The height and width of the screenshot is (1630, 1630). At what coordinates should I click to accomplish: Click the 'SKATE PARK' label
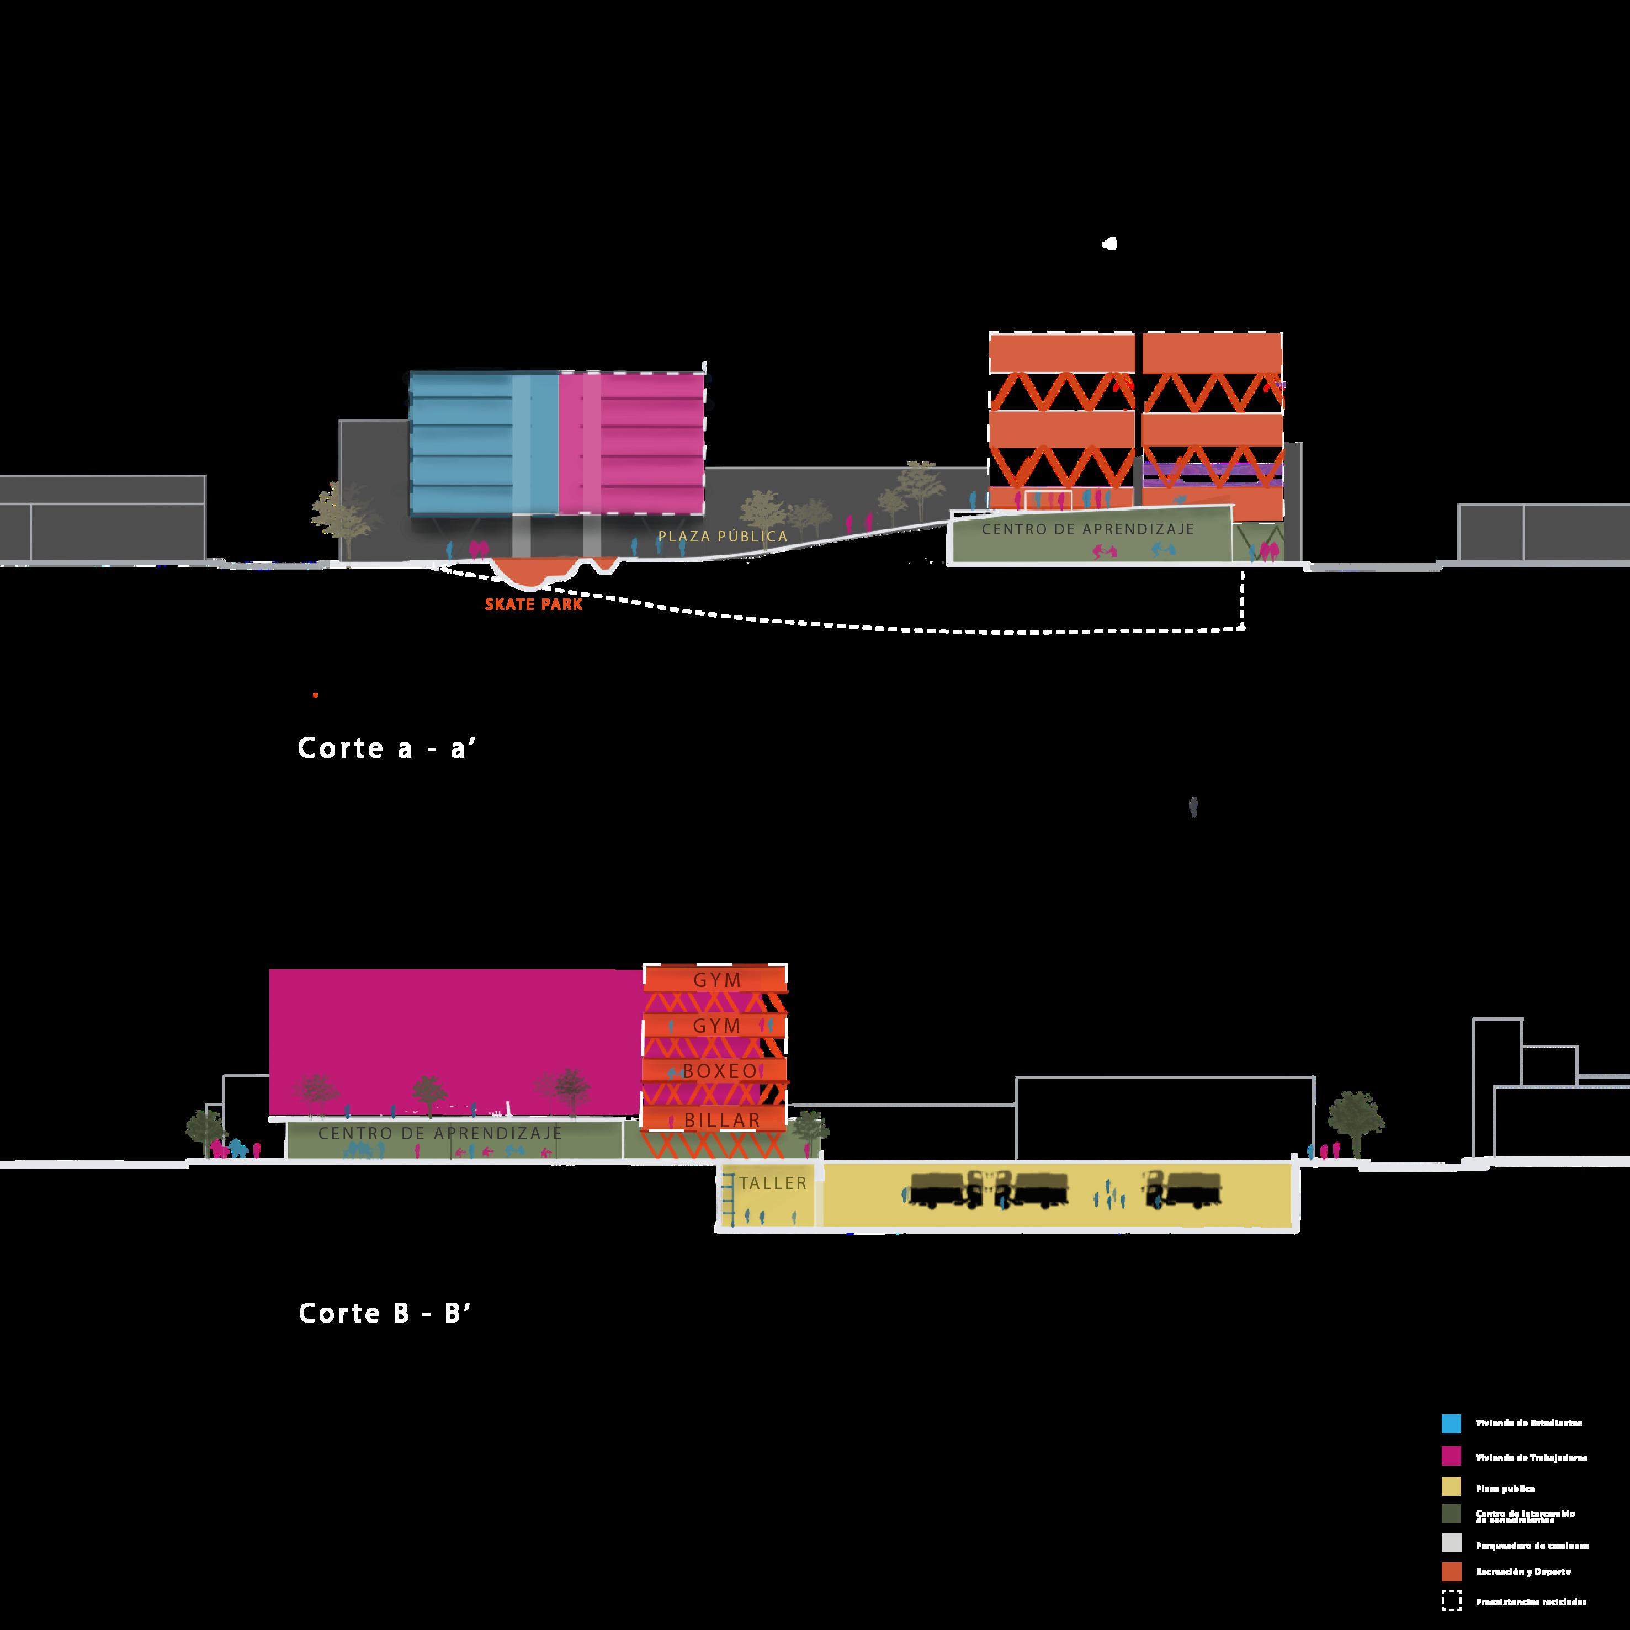(x=533, y=604)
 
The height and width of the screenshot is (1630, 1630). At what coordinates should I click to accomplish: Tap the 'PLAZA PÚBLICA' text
(x=723, y=537)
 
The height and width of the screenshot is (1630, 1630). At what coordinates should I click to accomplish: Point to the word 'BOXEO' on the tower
(x=720, y=1071)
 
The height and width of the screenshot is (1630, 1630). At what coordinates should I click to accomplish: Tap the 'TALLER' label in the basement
(x=773, y=1183)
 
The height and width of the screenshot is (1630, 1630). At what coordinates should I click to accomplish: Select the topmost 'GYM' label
(x=717, y=980)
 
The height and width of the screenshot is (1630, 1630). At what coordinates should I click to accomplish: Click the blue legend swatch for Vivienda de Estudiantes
(x=1451, y=1424)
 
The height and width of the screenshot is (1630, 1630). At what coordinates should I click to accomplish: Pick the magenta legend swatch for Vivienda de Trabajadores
(x=1451, y=1456)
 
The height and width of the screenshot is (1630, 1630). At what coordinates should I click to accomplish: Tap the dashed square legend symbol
(x=1451, y=1601)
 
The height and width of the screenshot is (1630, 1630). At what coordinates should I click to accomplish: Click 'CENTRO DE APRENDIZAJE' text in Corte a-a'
(x=1087, y=530)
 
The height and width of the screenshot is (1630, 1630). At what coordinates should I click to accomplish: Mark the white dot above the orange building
(x=1110, y=245)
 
